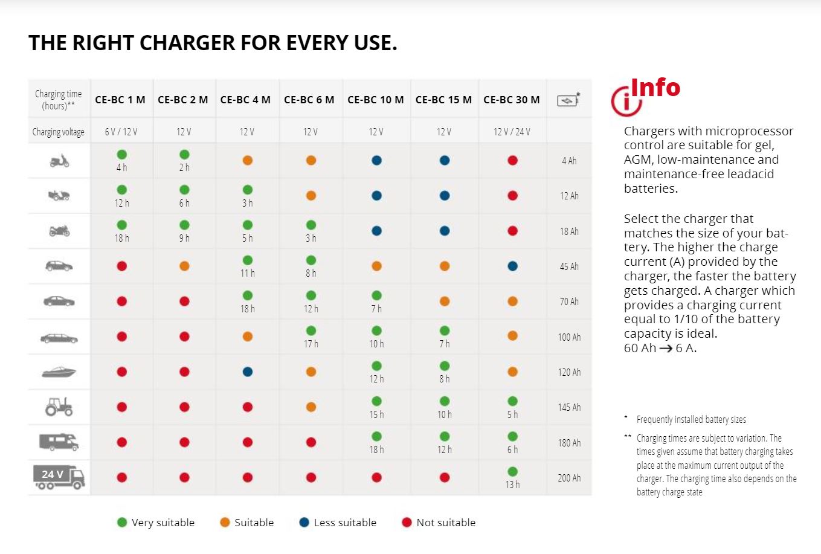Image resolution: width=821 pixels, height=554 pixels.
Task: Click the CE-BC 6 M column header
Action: pos(309,100)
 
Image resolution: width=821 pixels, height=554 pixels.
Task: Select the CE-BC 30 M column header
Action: pos(511,100)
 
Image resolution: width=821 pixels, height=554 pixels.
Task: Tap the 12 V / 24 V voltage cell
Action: pos(511,132)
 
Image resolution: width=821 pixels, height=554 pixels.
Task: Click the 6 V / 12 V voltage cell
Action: pos(121,132)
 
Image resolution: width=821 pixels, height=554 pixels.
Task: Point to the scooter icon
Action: pos(59,161)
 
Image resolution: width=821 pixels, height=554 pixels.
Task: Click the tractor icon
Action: pos(59,407)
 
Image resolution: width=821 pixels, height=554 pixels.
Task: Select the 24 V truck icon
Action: pos(59,477)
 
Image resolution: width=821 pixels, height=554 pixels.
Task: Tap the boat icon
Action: pos(59,372)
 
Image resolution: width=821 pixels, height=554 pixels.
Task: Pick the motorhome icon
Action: pos(59,442)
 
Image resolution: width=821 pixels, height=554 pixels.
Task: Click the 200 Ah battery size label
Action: pos(569,478)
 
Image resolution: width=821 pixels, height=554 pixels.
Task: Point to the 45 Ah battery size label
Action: pos(569,266)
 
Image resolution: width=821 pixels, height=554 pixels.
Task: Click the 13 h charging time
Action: pos(512,485)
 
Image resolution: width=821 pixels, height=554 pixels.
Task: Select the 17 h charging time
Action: pos(311,344)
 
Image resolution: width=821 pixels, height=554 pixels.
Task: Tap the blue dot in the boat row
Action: pos(248,372)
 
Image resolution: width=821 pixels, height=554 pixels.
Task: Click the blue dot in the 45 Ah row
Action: pos(512,266)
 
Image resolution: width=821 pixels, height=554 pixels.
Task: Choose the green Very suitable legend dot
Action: pos(122,523)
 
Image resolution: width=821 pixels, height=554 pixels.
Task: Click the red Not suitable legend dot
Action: pos(407,523)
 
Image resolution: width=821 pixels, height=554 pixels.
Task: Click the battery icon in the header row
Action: pos(568,100)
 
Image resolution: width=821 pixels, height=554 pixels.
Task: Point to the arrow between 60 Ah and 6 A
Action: pos(666,349)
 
